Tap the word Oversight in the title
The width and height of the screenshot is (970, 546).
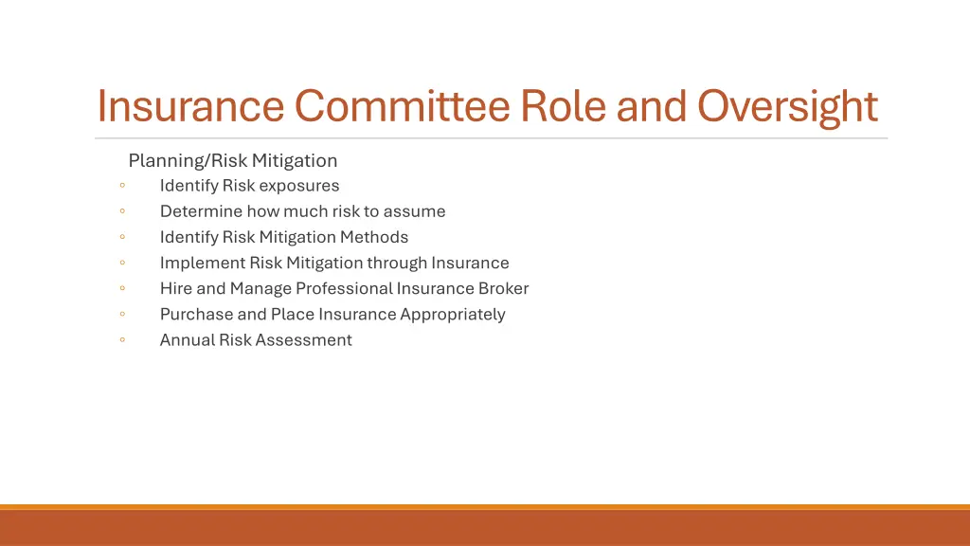coord(788,106)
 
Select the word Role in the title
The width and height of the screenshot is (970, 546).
coord(563,106)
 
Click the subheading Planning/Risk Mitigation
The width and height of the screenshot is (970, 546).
coord(233,160)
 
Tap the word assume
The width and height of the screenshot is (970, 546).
coord(414,211)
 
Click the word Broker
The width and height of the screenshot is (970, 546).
coord(503,288)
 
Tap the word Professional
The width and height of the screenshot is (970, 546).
coord(344,288)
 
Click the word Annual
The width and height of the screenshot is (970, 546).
coord(187,339)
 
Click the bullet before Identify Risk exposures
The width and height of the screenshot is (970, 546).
coord(123,186)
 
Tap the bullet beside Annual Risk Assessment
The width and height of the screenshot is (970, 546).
coord(123,339)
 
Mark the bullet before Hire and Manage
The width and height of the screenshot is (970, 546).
coord(123,288)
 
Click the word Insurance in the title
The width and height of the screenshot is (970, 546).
coord(190,106)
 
